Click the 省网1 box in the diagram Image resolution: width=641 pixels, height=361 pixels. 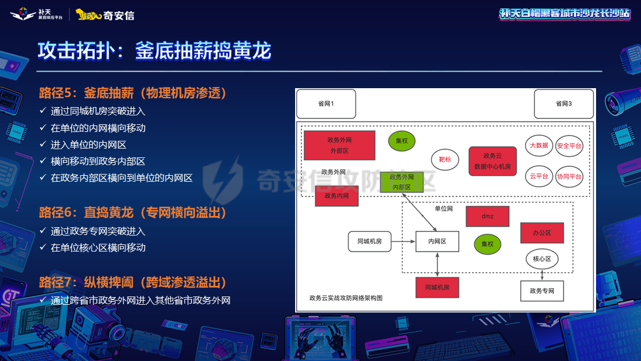click(326, 104)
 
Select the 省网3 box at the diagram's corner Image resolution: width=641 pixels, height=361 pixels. click(564, 104)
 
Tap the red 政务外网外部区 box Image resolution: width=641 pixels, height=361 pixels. click(339, 146)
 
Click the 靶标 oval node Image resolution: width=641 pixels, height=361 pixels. click(445, 160)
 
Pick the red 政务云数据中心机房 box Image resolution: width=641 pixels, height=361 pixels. click(493, 162)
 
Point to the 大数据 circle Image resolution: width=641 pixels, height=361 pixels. click(539, 146)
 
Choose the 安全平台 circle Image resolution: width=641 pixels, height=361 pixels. click(569, 146)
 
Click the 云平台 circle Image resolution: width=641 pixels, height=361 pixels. click(539, 176)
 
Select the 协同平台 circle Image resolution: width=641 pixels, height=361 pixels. click(569, 176)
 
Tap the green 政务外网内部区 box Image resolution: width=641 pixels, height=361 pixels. click(402, 182)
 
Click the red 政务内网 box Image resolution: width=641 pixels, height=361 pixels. click(336, 196)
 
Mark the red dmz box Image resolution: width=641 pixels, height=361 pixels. click(487, 217)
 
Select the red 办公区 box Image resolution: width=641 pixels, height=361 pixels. click(542, 233)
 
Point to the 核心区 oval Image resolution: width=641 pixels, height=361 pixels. click(542, 259)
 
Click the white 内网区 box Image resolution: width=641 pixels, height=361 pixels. click(437, 241)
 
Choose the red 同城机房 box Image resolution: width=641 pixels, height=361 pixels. click(437, 287)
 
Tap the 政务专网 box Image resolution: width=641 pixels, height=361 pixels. click(542, 291)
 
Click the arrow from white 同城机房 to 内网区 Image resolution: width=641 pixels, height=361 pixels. click(403, 241)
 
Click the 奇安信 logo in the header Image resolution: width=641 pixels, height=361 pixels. click(106, 15)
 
